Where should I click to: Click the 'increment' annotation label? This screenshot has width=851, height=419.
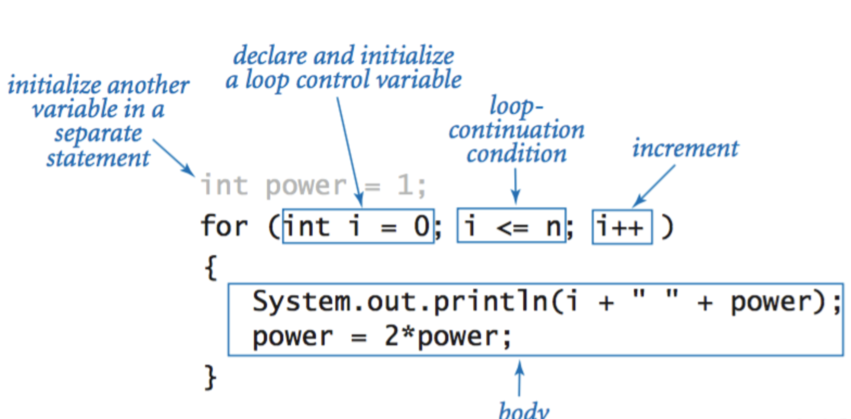[685, 148]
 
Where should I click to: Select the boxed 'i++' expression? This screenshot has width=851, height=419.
[622, 226]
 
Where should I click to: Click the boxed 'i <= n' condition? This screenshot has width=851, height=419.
[511, 226]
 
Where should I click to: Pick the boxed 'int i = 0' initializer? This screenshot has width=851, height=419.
[358, 226]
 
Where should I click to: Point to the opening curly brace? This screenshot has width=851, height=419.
[211, 268]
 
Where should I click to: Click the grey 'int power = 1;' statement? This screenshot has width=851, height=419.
[314, 186]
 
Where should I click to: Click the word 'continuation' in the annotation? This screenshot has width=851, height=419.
[516, 131]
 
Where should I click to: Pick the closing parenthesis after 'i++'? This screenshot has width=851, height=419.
[667, 226]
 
